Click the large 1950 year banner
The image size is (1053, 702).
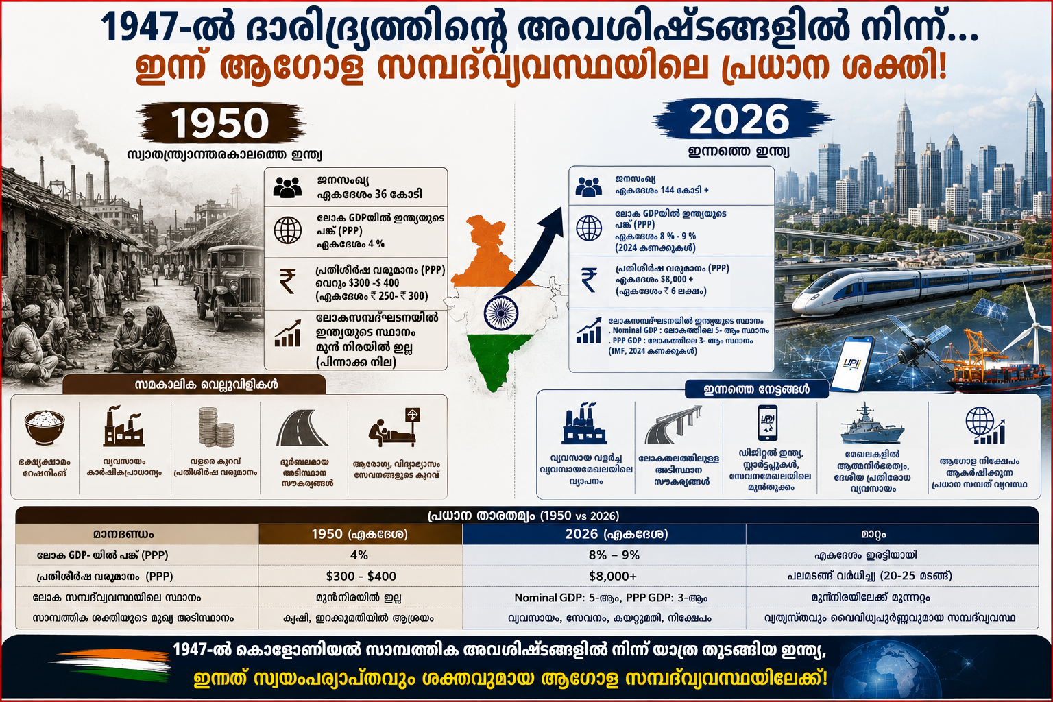click(220, 122)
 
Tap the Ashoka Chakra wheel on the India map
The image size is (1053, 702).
click(501, 313)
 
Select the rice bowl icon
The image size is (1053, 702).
click(45, 427)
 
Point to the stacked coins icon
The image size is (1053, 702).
click(216, 426)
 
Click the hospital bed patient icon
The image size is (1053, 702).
click(394, 427)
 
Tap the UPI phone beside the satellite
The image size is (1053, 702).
click(852, 363)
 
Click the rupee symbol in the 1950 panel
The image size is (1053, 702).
click(287, 280)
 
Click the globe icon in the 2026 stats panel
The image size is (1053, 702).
click(589, 228)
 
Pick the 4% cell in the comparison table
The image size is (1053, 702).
click(359, 555)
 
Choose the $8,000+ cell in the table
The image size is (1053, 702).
click(612, 576)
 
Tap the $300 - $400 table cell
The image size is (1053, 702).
click(361, 576)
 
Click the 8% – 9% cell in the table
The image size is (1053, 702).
click(614, 555)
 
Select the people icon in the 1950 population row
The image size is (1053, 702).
click(287, 187)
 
